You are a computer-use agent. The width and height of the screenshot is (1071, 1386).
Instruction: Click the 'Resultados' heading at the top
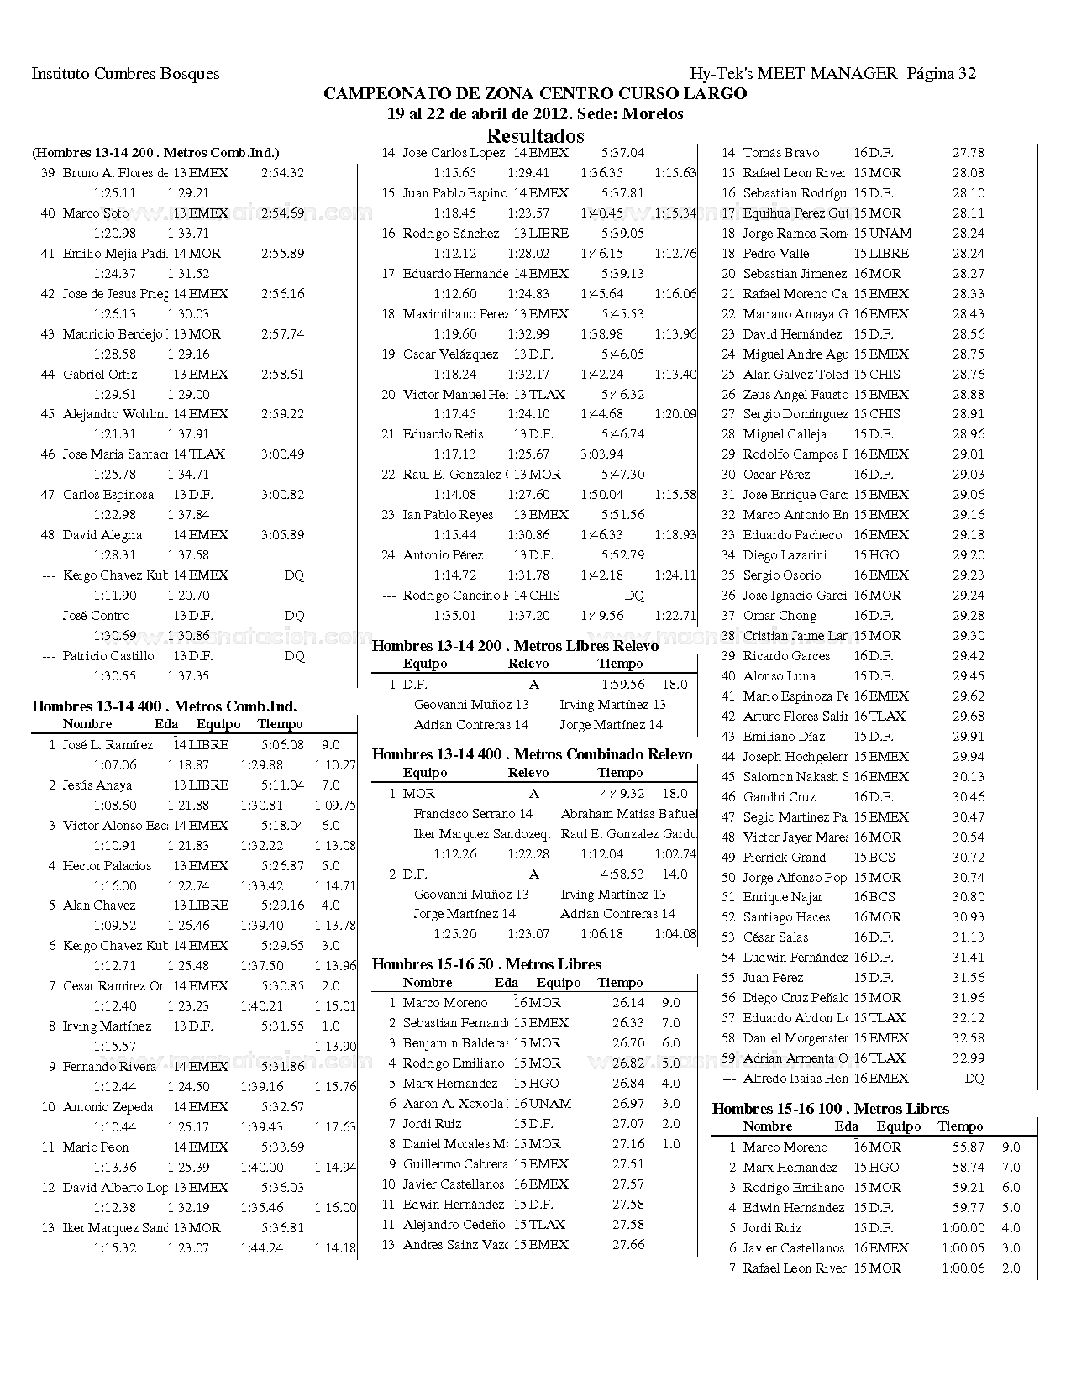coord(535,136)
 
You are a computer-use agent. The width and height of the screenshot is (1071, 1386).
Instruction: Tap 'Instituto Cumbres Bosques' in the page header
coord(125,74)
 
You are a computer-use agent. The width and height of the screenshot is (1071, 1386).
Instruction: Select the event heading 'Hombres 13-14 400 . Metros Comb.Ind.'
coord(164,706)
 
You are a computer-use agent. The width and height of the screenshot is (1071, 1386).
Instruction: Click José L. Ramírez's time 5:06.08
coord(282,745)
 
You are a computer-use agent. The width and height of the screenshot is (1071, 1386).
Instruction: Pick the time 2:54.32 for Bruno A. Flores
coord(282,173)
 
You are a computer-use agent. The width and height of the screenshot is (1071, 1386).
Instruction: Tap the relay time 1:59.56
coord(622,685)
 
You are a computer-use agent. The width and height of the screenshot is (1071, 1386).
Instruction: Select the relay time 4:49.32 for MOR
coord(622,794)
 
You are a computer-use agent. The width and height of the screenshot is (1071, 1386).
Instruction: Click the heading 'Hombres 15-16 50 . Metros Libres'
coord(486,964)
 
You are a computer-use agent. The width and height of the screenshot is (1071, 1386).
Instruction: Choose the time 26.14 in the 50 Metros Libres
coord(628,1003)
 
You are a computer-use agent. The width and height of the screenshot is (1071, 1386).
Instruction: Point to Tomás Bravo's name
coord(780,153)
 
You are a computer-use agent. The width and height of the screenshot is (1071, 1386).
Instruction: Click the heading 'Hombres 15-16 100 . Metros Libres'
coord(830,1109)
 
